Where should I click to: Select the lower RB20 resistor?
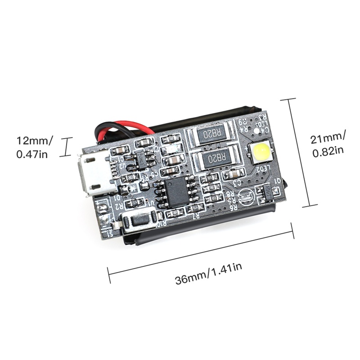(x=215, y=158)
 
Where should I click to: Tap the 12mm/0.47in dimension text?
(x=34, y=147)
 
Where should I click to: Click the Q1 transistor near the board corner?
(x=267, y=193)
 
